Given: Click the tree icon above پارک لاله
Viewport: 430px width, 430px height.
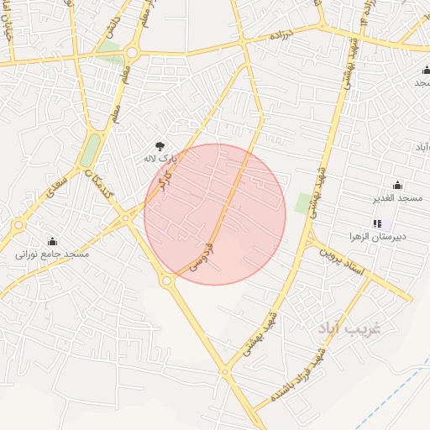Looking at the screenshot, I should tap(161, 146).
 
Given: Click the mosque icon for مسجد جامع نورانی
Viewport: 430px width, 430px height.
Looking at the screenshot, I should tap(52, 241).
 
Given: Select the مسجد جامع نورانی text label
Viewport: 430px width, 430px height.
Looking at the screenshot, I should tap(52, 253).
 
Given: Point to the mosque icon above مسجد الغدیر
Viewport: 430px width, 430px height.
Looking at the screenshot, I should tap(397, 186).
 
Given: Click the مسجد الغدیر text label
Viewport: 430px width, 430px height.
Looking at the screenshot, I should tap(397, 198).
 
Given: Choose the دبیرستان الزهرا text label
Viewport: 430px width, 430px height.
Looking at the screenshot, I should tap(382, 237).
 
